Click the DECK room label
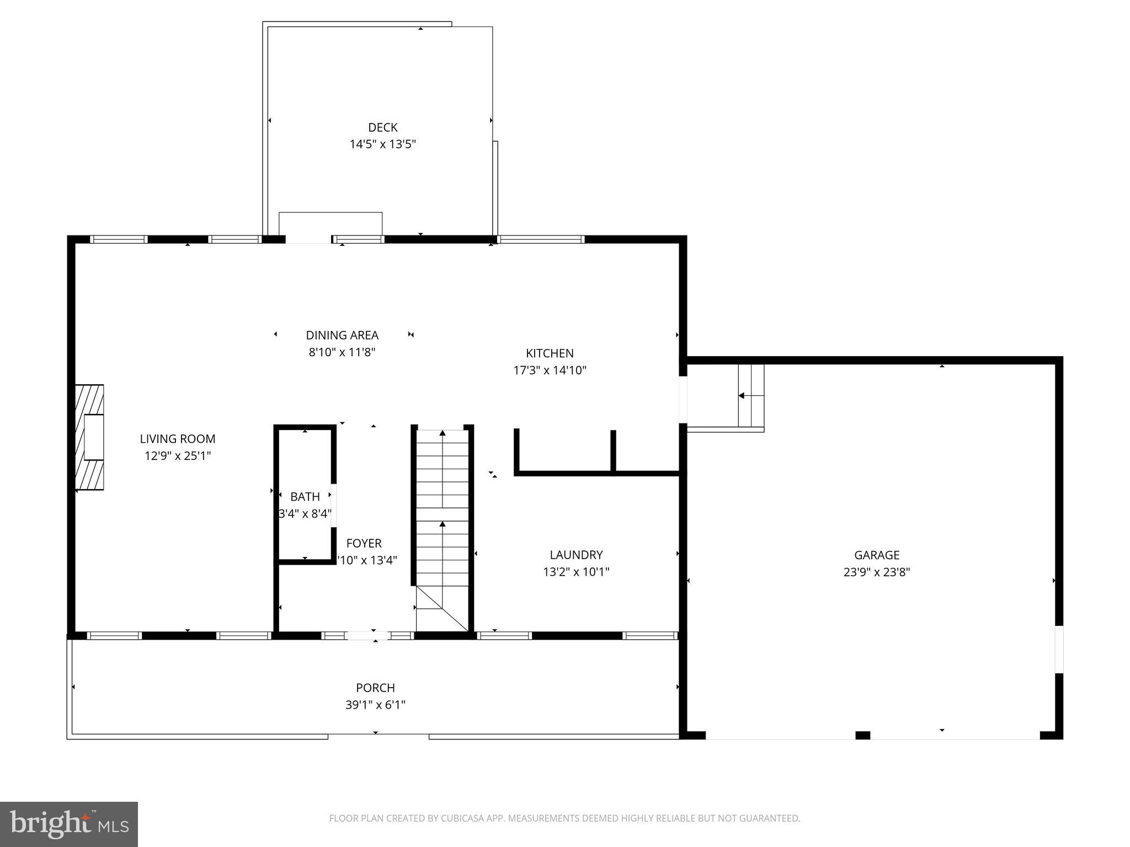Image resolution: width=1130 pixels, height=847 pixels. pos(382,127)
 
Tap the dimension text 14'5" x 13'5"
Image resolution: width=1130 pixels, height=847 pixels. pos(382,144)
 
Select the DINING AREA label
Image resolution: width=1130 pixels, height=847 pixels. pos(342,335)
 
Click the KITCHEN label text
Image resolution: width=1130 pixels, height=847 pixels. pos(550,353)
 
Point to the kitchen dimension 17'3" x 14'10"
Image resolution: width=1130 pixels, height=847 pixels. pos(550,371)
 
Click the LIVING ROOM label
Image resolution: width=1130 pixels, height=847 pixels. pos(177,439)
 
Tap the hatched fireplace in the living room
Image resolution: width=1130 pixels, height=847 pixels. pos(89,437)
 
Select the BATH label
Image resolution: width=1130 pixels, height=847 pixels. pos(305,497)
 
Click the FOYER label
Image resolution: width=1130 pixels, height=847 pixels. pos(364,544)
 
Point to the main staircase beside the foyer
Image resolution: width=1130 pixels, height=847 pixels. pos(442,524)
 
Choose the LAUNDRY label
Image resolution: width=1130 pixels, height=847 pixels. pos(576,555)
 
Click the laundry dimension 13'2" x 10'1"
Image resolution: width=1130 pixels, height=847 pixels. pos(576,572)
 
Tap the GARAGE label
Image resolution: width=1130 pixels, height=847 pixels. pos(876,555)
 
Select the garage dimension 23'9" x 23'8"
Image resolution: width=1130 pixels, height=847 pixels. pos(876,572)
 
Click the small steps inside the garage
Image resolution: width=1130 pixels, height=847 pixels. pos(751,395)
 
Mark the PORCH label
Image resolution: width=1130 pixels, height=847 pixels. pos(375,688)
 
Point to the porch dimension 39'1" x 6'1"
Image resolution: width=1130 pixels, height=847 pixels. pos(375,705)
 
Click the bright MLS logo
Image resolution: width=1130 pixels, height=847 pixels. pos(69,824)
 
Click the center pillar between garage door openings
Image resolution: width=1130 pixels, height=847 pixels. pos(862,735)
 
